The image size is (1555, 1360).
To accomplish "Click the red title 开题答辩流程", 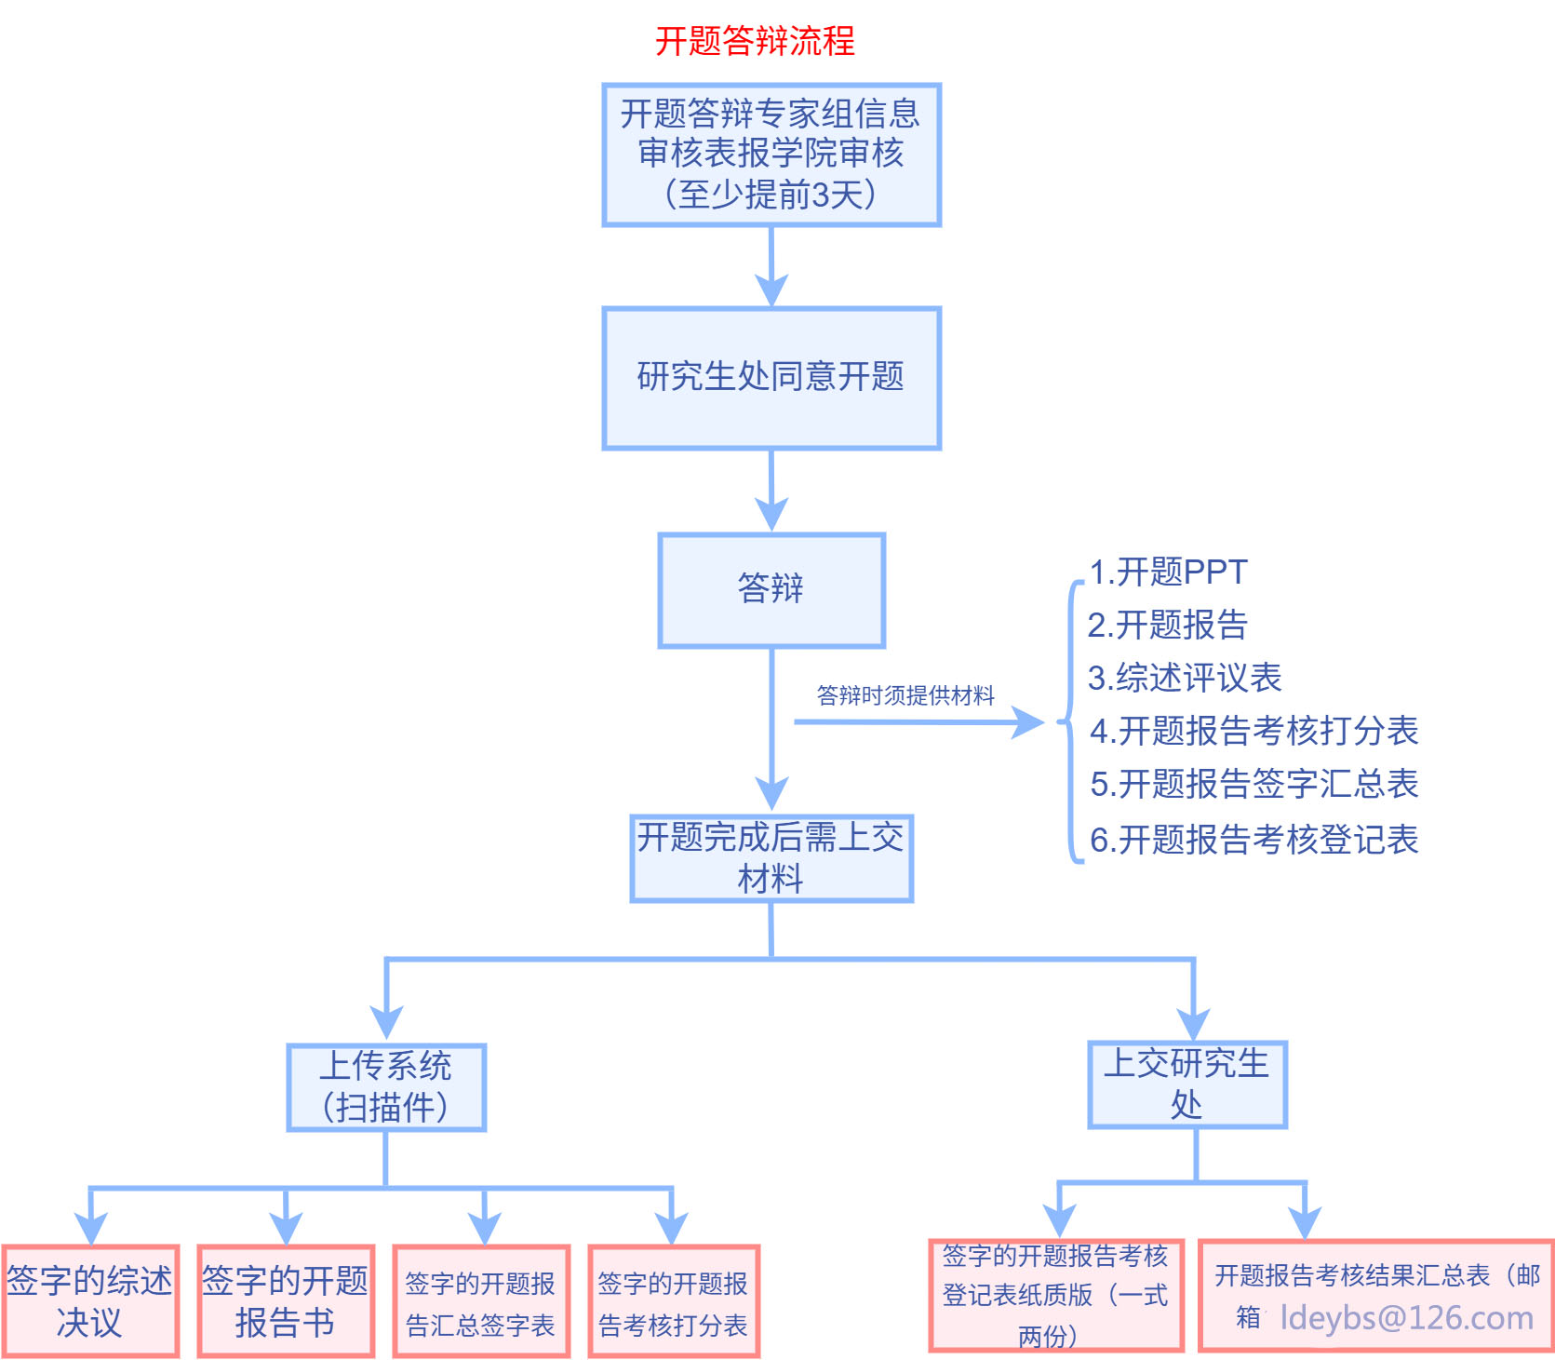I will (x=755, y=41).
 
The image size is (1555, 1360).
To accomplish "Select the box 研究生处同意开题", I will (x=771, y=378).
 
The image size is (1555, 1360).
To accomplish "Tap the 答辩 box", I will (x=771, y=589).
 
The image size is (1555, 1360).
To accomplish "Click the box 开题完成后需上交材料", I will (x=771, y=858).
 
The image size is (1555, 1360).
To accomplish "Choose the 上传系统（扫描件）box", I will (x=386, y=1087).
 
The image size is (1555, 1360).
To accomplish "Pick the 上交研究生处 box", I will (x=1187, y=1084).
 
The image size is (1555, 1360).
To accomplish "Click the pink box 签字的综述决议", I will (x=90, y=1300).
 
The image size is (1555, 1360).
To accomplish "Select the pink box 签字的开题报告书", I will (x=286, y=1300).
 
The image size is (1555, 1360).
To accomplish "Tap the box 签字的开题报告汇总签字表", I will (x=481, y=1302).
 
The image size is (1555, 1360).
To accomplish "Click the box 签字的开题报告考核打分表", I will (x=674, y=1302).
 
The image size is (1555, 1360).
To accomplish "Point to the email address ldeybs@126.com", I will (x=1406, y=1318).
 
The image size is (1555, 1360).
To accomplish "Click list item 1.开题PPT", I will (x=1168, y=572).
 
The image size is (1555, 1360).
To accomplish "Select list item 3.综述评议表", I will (x=1185, y=678).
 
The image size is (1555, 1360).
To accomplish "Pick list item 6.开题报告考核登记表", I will (x=1253, y=840).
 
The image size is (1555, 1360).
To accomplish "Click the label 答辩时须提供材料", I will (x=905, y=695).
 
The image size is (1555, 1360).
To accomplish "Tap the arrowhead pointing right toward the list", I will (x=1028, y=721).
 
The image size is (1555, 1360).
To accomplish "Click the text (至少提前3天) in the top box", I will (x=771, y=195).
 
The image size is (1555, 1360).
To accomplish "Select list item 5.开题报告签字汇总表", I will (x=1253, y=784).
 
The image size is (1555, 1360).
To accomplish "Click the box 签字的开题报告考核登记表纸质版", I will (x=1055, y=1295).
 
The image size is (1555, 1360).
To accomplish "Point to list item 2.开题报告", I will (x=1167, y=625).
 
